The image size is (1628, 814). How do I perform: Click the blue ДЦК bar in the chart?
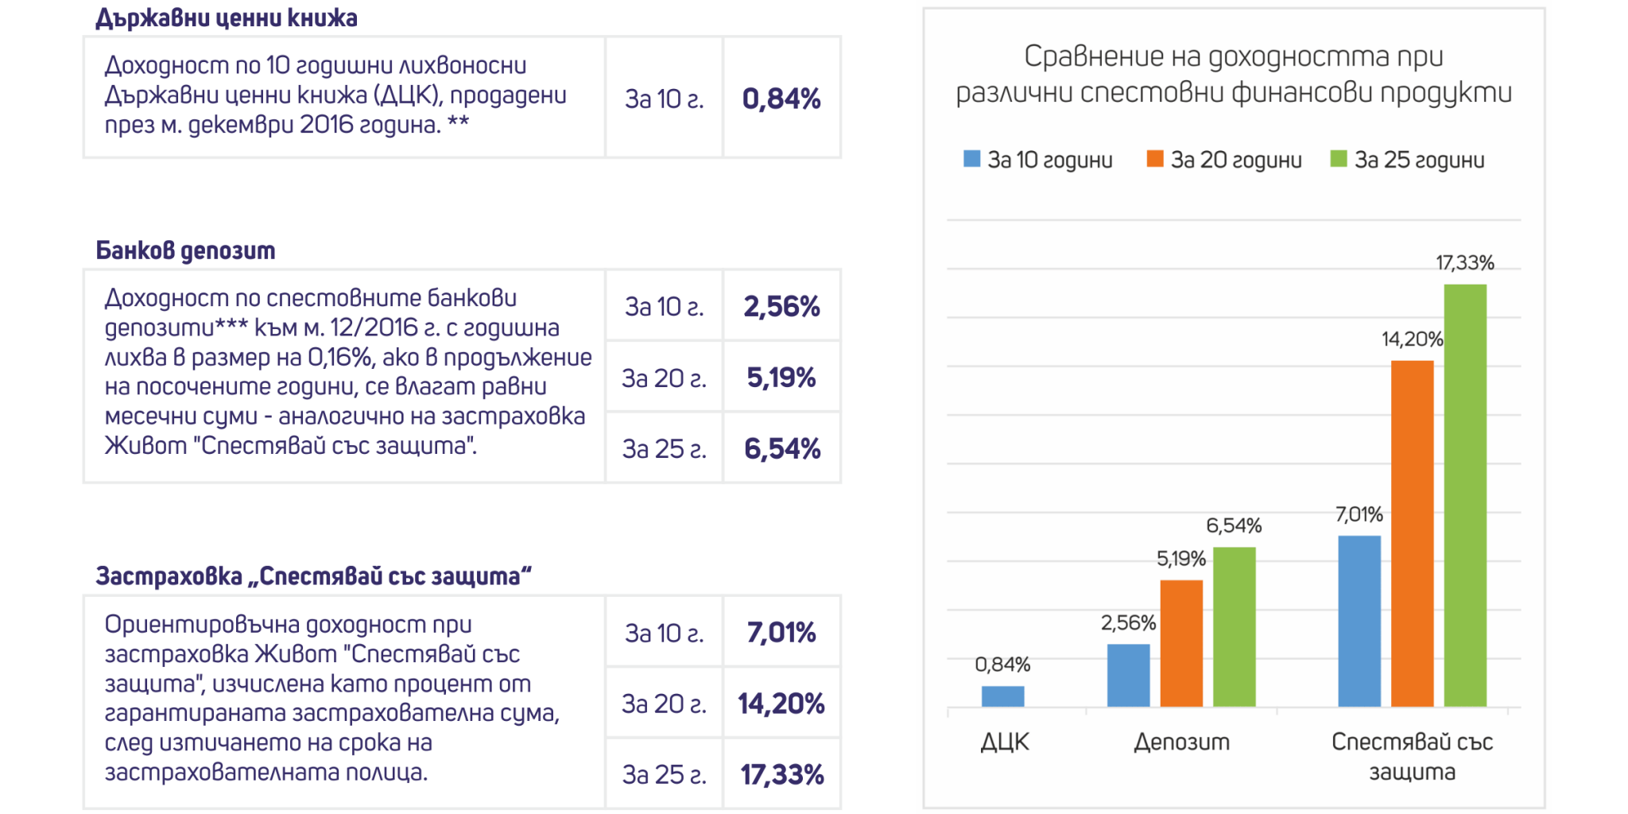click(1002, 696)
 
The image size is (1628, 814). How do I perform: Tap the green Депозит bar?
click(1235, 626)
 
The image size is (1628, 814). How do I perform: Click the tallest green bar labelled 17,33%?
click(1465, 494)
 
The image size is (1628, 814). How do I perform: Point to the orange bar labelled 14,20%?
click(1413, 533)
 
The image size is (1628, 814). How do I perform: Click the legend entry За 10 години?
click(1038, 160)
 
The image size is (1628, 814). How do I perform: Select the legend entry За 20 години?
click(1224, 160)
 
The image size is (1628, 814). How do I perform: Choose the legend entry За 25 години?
click(1408, 160)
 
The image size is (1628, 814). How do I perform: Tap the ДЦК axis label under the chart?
click(1005, 742)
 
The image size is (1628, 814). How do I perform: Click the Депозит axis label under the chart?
click(1181, 742)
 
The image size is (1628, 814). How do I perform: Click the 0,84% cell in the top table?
click(781, 99)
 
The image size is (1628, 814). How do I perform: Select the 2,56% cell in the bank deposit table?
click(781, 306)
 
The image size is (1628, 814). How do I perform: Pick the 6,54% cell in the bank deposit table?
click(781, 448)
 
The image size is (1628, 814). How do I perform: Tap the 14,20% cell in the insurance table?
click(781, 704)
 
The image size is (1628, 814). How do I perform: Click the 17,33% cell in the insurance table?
click(781, 774)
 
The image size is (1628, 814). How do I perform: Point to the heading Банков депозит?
click(185, 250)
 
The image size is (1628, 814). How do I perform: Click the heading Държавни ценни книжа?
click(227, 17)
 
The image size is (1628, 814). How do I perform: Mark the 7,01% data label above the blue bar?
click(1359, 514)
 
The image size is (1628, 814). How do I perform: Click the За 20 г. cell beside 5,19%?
click(664, 378)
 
